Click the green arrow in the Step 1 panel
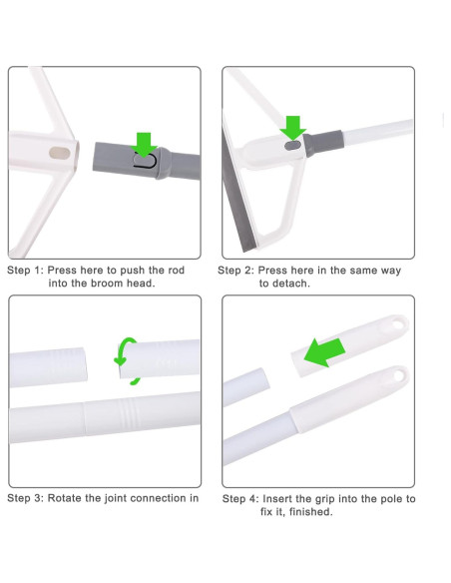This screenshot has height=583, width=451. [x=144, y=145]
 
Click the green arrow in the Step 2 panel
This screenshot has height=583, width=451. [x=293, y=128]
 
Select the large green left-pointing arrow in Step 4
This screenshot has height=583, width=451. [x=324, y=352]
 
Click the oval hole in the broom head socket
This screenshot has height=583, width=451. [x=60, y=153]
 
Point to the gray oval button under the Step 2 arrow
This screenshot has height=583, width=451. [x=293, y=146]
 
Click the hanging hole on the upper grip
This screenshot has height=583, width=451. [x=398, y=324]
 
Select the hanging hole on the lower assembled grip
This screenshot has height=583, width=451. [x=399, y=375]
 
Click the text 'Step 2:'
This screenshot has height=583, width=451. [x=236, y=271]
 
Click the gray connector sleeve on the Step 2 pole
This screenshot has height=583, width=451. [x=322, y=144]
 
